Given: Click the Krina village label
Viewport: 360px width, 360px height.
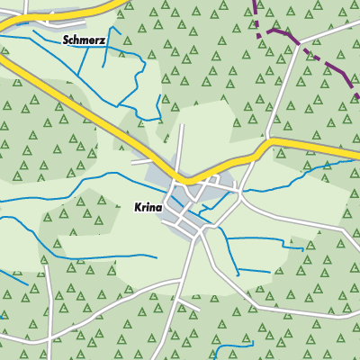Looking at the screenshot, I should point(148,207).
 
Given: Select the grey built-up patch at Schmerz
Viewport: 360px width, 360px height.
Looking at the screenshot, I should point(54,18).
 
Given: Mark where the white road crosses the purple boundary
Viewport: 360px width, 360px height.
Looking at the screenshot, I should point(301,45).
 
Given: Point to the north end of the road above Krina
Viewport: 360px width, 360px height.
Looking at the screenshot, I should point(183,127).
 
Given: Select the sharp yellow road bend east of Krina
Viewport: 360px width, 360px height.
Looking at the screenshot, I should point(267,141).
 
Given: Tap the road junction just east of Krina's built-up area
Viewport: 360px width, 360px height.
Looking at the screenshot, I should point(241,191).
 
